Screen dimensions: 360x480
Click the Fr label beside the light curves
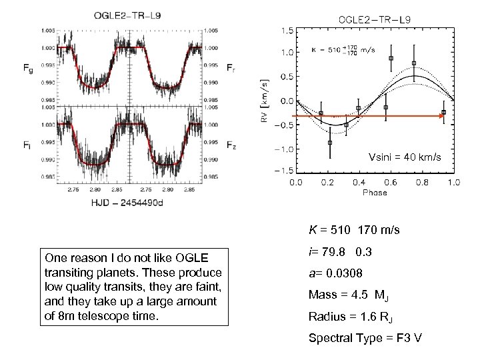tap(230, 67)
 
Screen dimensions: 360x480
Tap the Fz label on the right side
tap(230, 143)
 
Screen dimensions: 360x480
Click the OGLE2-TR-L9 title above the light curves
tap(121, 15)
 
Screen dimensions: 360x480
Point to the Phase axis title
tap(375, 193)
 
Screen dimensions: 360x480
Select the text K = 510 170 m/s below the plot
tap(353, 231)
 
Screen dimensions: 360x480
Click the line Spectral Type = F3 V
tap(364, 337)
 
